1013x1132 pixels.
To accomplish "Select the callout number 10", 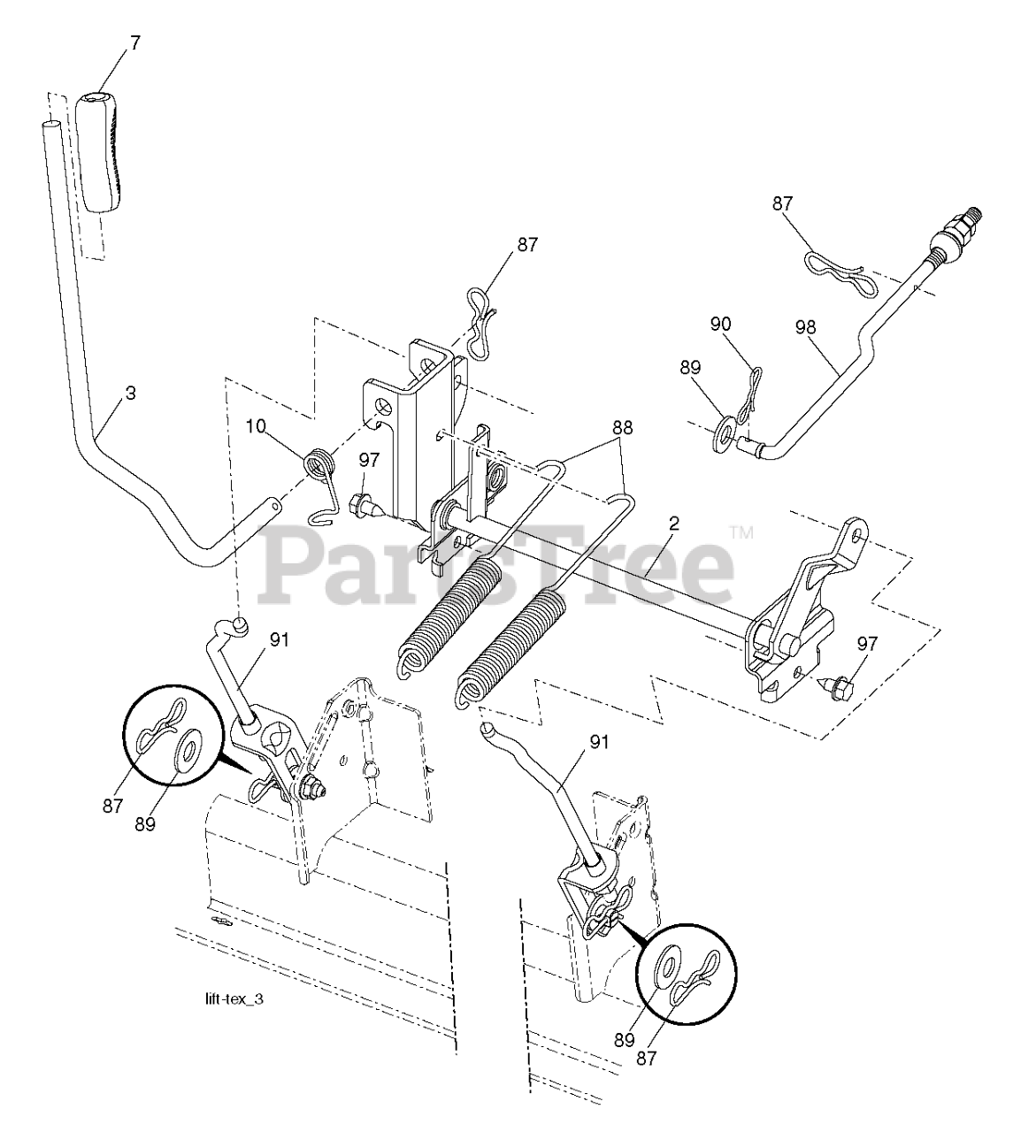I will (x=256, y=428).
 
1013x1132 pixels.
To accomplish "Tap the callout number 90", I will (x=720, y=325).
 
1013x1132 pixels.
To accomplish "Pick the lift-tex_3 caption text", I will (x=234, y=999).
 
